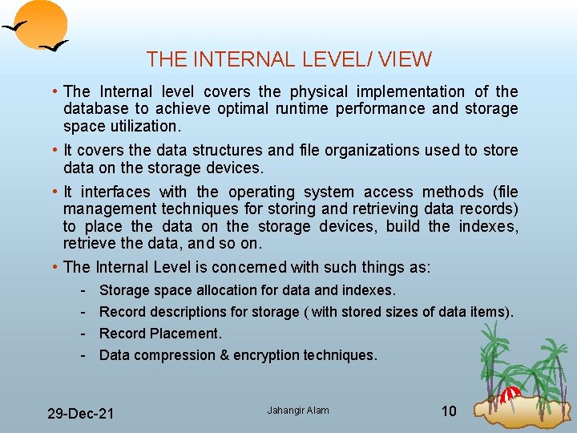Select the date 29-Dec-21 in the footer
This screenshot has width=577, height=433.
[x=80, y=414]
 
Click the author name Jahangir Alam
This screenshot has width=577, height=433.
[x=298, y=411]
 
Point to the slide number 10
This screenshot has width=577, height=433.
[x=449, y=411]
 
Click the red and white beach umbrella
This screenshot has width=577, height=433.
[x=510, y=393]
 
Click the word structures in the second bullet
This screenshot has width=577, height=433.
[x=216, y=150]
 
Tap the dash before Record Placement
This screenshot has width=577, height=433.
[x=83, y=334]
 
